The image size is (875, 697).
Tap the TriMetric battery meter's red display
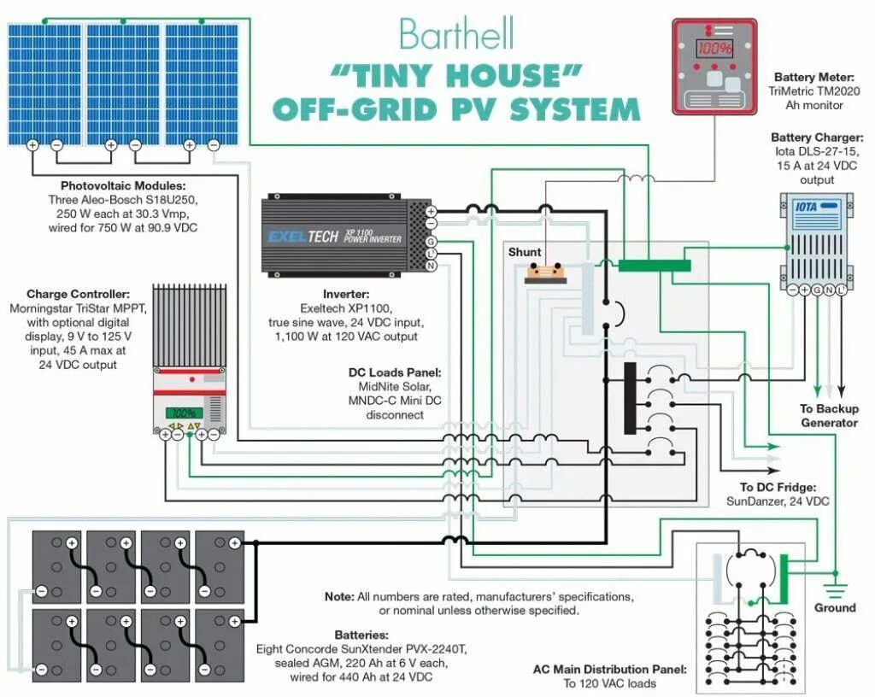(714, 48)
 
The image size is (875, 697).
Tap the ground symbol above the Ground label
(834, 589)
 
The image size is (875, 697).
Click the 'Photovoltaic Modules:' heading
(123, 185)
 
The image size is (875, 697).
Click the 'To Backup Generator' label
(829, 416)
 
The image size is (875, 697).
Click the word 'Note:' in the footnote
(338, 595)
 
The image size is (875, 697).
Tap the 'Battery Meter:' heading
(813, 77)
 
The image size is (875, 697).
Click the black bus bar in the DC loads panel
(630, 398)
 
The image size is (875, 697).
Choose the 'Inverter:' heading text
(346, 293)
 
